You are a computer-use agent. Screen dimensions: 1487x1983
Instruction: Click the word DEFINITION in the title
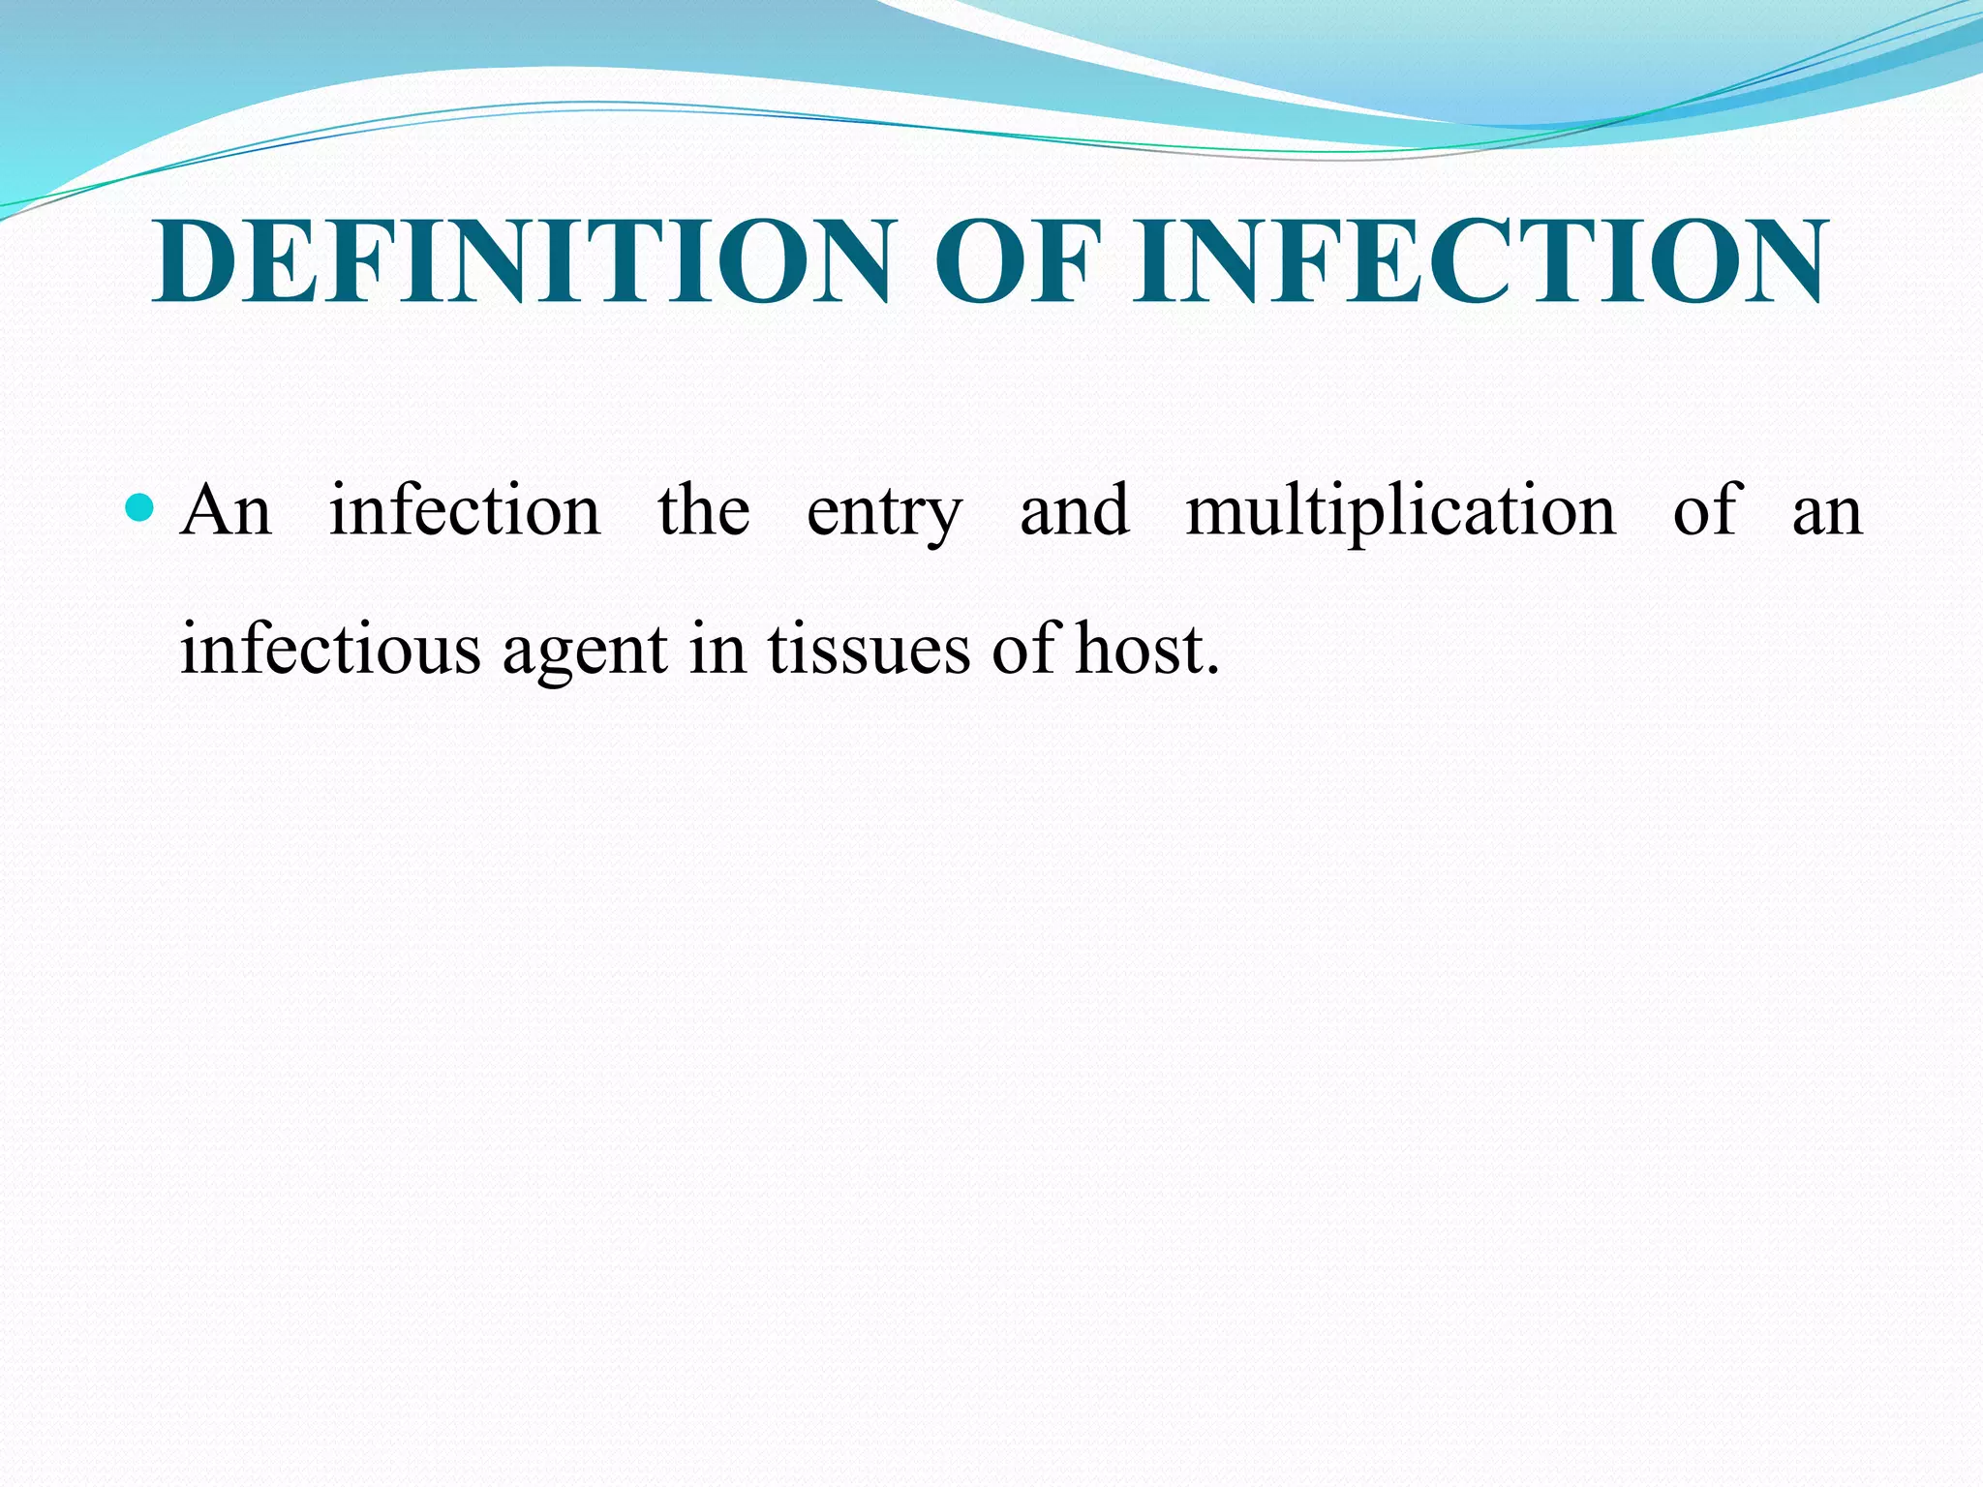[x=520, y=261]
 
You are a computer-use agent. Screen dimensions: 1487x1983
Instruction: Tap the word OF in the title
[x=1018, y=261]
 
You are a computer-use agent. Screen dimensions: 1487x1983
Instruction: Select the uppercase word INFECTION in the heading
[x=1481, y=261]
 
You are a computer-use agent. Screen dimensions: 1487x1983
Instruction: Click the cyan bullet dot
[x=140, y=506]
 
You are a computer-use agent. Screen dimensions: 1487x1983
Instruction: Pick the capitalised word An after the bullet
[x=226, y=510]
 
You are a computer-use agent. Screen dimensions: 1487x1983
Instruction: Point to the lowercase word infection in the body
[x=465, y=510]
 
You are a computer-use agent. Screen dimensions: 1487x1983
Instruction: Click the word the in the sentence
[x=704, y=510]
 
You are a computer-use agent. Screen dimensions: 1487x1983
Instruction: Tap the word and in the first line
[x=1075, y=510]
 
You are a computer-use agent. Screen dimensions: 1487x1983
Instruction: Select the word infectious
[x=330, y=649]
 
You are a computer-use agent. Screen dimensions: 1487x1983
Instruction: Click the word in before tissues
[x=717, y=649]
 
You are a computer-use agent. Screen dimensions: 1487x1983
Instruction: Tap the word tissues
[x=869, y=649]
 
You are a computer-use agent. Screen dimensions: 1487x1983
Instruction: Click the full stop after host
[x=1211, y=670]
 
